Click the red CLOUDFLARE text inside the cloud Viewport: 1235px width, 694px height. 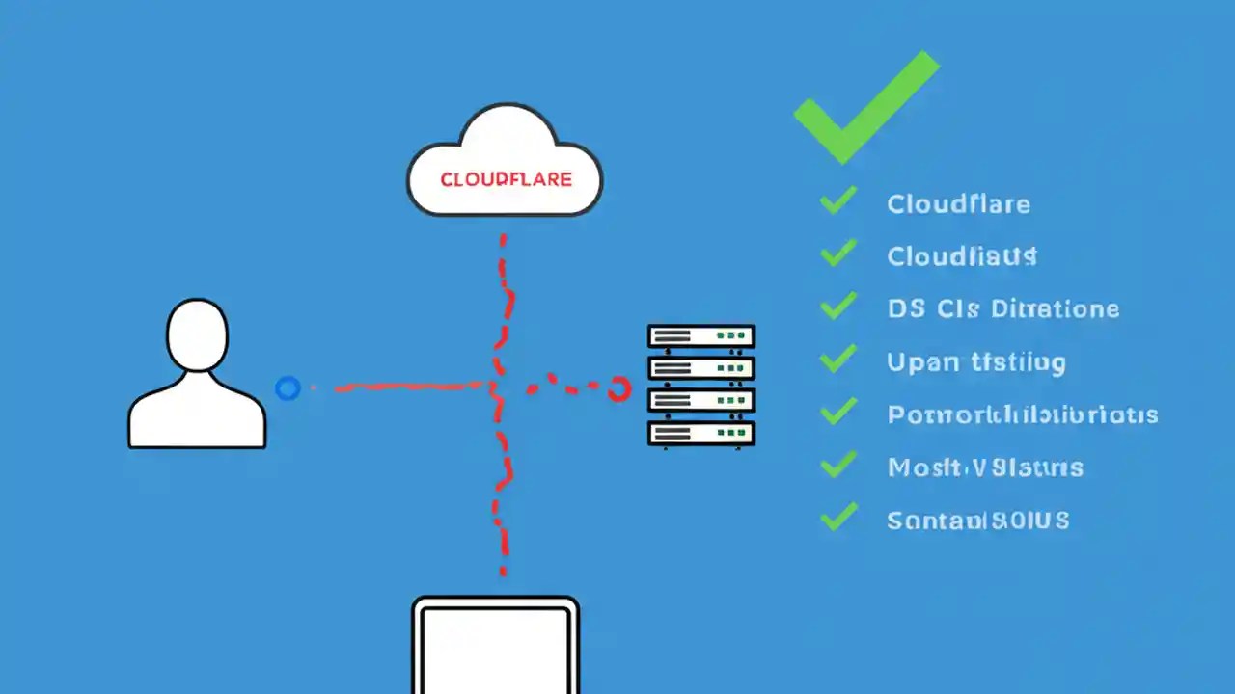(x=506, y=180)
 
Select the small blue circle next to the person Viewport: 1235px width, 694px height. (x=288, y=388)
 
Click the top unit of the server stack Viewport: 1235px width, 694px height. (x=701, y=336)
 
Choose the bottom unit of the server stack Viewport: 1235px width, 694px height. (x=701, y=433)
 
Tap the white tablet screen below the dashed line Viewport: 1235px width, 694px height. (x=496, y=648)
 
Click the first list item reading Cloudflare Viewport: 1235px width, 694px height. (x=958, y=204)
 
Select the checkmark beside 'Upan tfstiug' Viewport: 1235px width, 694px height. (x=837, y=360)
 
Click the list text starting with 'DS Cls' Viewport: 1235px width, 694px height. (x=1002, y=309)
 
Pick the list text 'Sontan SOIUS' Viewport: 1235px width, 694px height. (x=977, y=520)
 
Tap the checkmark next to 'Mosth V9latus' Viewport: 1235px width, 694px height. (x=837, y=465)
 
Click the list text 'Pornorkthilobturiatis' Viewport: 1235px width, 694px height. (x=1022, y=415)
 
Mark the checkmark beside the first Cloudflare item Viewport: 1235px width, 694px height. (x=837, y=200)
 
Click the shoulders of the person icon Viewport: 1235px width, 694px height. (x=197, y=414)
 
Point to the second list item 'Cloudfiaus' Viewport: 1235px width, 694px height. (x=961, y=256)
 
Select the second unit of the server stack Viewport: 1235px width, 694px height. (x=701, y=368)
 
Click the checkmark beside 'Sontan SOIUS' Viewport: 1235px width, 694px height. (x=837, y=517)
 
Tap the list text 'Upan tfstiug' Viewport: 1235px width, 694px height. (x=975, y=362)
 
